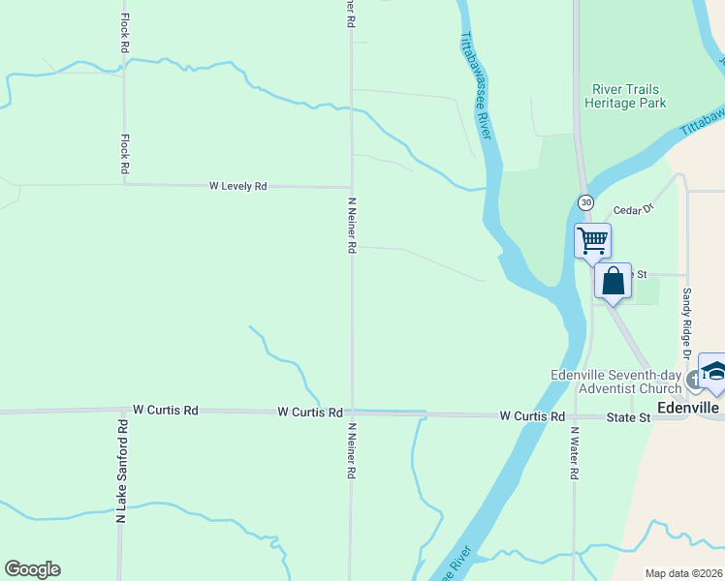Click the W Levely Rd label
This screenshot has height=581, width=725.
[x=237, y=186]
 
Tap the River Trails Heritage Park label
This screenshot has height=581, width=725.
[x=626, y=97]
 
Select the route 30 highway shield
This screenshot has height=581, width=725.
[x=585, y=202]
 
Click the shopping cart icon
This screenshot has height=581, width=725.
[x=592, y=239]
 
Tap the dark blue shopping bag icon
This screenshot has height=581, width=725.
[x=613, y=282]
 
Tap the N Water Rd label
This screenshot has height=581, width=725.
[x=575, y=454]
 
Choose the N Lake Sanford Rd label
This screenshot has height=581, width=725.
[x=122, y=472]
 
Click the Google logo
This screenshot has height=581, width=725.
[x=32, y=569]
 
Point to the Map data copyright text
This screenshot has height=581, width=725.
[x=683, y=573]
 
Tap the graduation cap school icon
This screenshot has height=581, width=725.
[x=712, y=373]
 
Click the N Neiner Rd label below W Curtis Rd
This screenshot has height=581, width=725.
[x=351, y=452]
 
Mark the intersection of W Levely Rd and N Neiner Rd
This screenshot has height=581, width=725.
[x=351, y=187]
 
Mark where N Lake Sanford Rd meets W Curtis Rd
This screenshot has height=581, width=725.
[x=121, y=412]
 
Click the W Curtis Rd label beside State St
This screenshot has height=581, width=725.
[x=532, y=416]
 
